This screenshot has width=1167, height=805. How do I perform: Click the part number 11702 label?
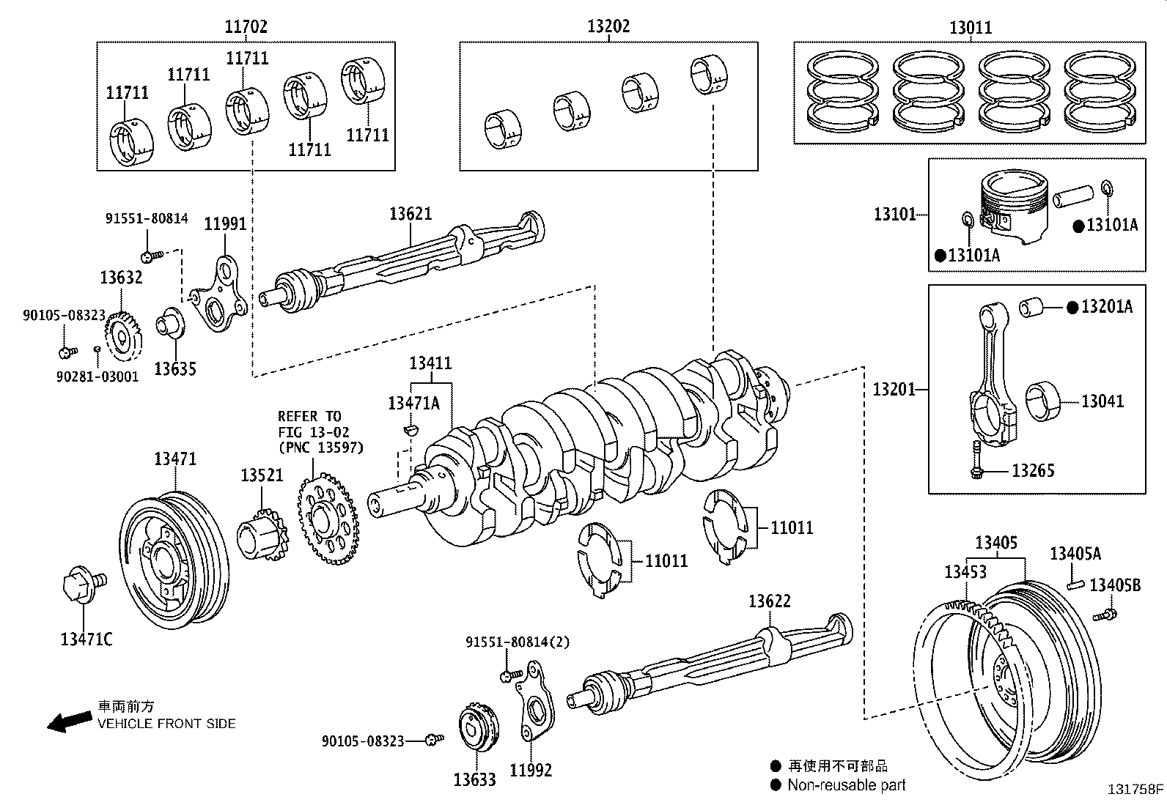(x=246, y=27)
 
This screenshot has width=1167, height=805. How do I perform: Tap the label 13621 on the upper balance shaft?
(x=411, y=214)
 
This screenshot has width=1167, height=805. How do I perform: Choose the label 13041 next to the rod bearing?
(x=1102, y=401)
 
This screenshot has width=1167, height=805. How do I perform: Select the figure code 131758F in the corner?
(x=1135, y=790)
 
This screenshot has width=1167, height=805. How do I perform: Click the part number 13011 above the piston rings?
(x=971, y=28)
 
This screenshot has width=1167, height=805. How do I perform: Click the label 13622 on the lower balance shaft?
(x=770, y=601)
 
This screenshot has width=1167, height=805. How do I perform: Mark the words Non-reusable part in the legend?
(x=847, y=785)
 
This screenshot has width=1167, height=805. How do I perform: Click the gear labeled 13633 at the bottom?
(x=476, y=726)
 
